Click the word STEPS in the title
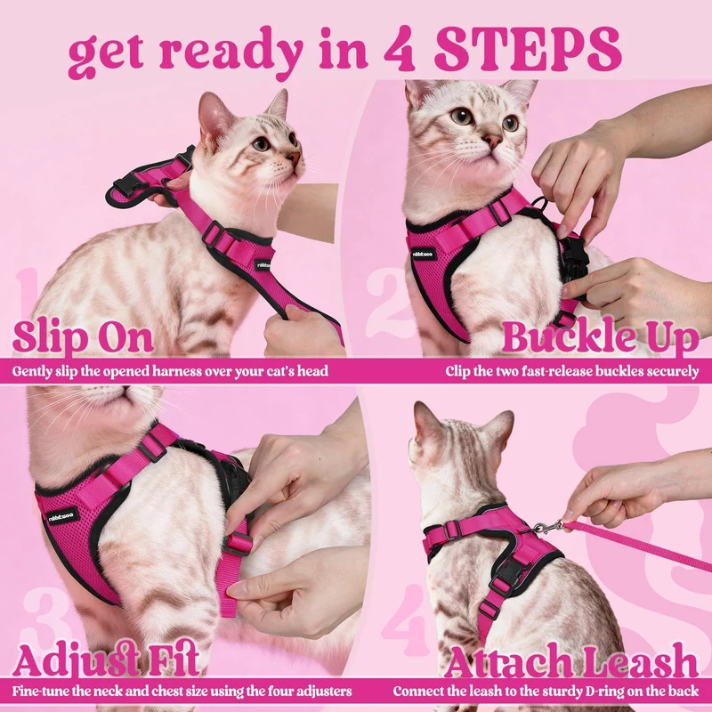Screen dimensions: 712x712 click(x=528, y=50)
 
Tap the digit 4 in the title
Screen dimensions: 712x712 click(x=400, y=50)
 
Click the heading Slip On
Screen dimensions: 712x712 click(x=83, y=337)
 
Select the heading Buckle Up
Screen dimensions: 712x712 click(x=600, y=337)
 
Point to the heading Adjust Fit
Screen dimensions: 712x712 click(x=106, y=659)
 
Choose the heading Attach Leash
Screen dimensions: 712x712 click(x=571, y=659)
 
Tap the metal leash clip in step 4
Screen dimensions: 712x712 click(x=547, y=527)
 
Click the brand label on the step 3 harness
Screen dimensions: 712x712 click(x=63, y=516)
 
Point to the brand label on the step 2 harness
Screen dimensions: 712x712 click(x=425, y=254)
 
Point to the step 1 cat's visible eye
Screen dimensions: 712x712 click(x=261, y=144)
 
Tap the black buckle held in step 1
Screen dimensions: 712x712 click(x=124, y=185)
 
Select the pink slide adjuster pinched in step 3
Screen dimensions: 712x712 click(x=238, y=543)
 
